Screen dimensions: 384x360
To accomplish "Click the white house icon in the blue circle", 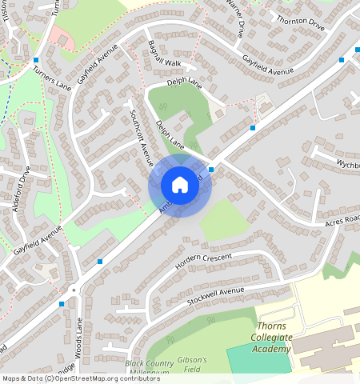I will point(179,186).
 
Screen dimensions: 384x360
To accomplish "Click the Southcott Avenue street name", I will point(140,136).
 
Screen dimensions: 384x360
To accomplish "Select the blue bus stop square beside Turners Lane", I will point(37,61).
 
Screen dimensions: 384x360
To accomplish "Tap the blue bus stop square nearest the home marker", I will point(211,170).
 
